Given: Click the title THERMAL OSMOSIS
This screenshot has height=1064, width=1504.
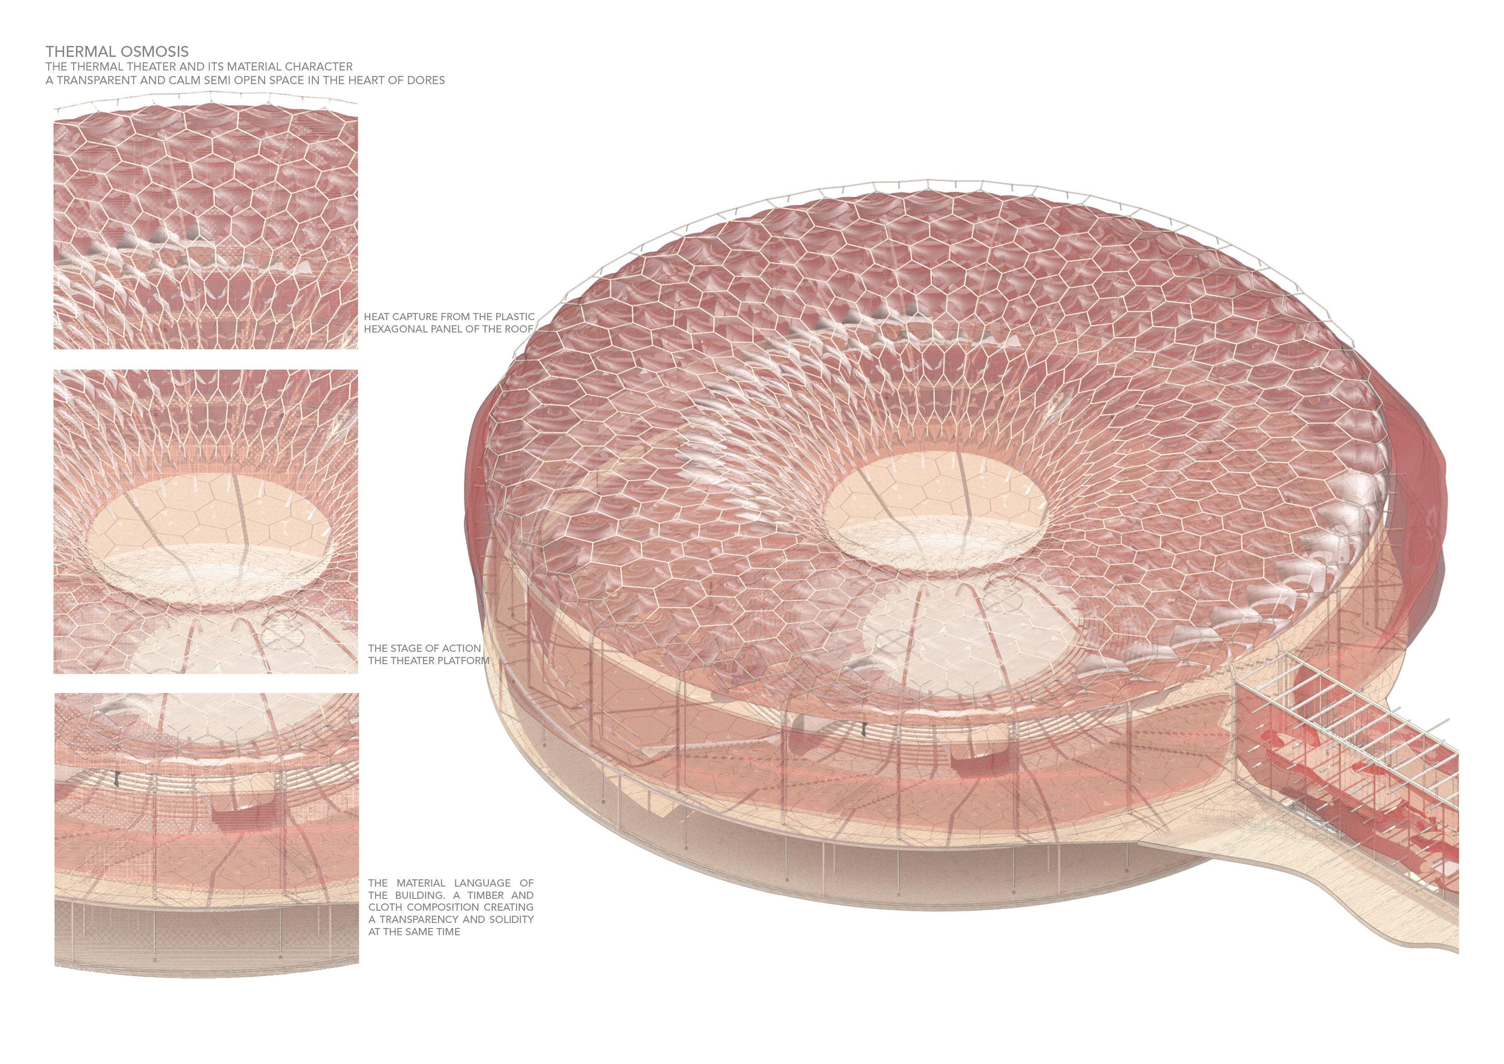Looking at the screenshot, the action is tap(116, 51).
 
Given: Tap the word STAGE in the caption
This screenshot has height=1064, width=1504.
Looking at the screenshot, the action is tap(405, 648).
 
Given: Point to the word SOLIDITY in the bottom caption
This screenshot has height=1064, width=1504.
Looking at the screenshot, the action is tap(510, 919).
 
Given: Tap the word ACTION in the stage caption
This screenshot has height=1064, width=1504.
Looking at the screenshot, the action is tap(461, 648).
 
